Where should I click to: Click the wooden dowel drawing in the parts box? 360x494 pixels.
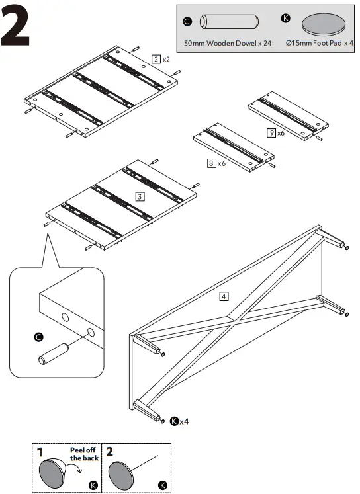click(229, 22)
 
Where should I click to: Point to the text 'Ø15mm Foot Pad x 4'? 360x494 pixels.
click(320, 46)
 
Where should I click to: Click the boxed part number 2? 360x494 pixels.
click(156, 59)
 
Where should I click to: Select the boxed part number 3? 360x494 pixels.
click(140, 196)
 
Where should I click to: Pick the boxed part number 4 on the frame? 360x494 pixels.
click(224, 296)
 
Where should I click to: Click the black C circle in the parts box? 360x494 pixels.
click(187, 22)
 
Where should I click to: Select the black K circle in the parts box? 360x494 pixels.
click(285, 17)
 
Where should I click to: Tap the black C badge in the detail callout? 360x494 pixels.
click(38, 337)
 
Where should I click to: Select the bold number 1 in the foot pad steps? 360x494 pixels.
click(40, 453)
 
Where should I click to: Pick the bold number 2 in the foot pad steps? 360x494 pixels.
click(111, 453)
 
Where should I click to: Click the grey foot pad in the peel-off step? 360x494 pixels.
click(53, 473)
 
